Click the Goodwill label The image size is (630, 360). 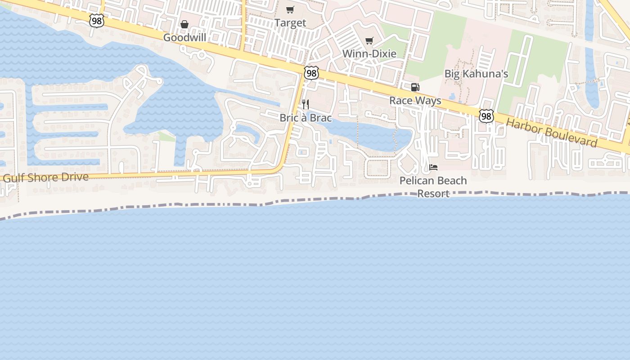point(184,37)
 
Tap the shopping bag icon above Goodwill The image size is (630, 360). point(184,24)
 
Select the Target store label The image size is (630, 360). point(290,22)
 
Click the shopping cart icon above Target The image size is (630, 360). point(290,9)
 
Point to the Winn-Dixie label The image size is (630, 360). point(369,54)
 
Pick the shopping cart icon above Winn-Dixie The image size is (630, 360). point(369,40)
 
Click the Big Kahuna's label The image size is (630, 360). point(476,74)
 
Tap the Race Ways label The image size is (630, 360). point(415,100)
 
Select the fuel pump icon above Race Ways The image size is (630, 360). point(415,87)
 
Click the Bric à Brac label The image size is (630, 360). point(306,118)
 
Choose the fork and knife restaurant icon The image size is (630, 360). point(306,105)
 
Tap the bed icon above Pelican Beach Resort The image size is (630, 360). point(433,167)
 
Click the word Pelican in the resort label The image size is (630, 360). point(416,180)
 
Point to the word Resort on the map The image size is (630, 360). point(433,193)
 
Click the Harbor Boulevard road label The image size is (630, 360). point(552,133)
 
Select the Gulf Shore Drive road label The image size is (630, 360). point(46,177)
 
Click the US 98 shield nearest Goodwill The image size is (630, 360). point(96,21)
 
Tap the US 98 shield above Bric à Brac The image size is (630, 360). point(311,73)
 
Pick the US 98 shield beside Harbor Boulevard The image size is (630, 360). point(486,116)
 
